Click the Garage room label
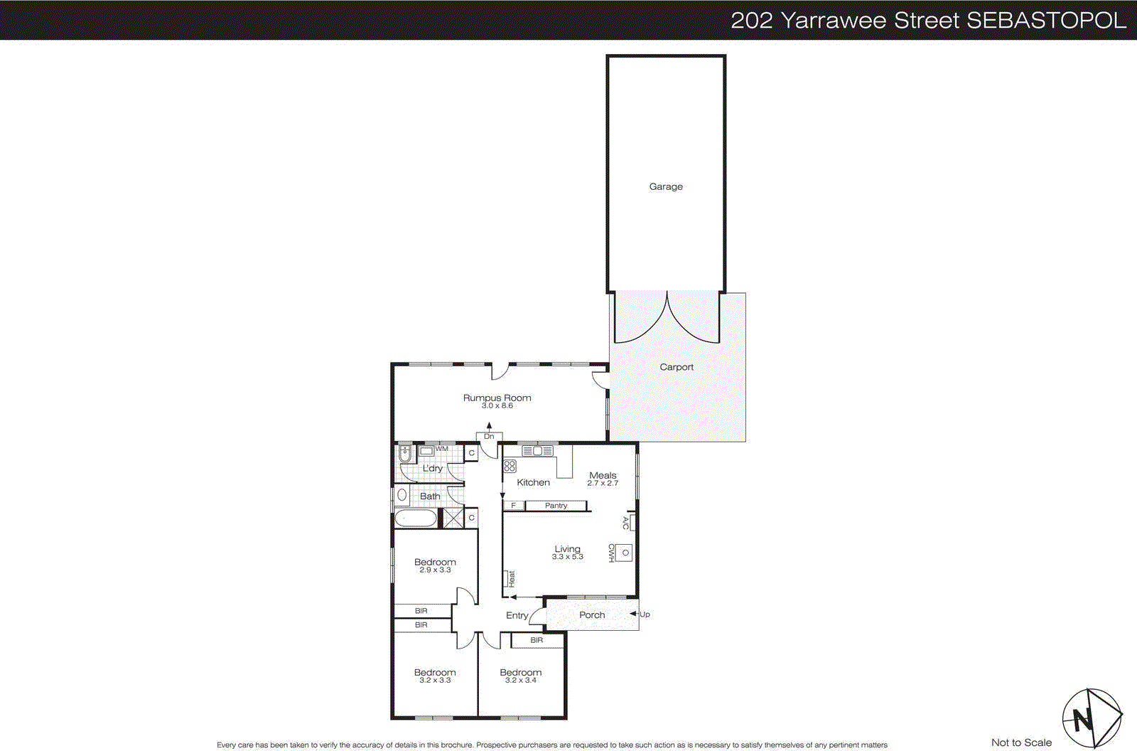[666, 186]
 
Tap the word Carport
[677, 367]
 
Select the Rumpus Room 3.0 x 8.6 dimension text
[497, 406]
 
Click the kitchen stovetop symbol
[510, 467]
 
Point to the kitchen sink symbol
[538, 451]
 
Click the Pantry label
[556, 506]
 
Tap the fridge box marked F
[513, 506]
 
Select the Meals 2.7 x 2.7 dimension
[603, 484]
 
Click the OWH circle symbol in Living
[625, 553]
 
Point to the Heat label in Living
[511, 578]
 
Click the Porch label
[592, 615]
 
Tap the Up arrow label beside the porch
[645, 614]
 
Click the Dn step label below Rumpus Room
[489, 437]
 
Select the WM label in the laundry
[442, 449]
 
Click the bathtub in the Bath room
[416, 518]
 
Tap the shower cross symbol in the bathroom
[453, 518]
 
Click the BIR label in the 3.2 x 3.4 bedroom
[537, 640]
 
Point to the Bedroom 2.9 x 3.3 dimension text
[435, 570]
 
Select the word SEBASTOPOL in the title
[1046, 20]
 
